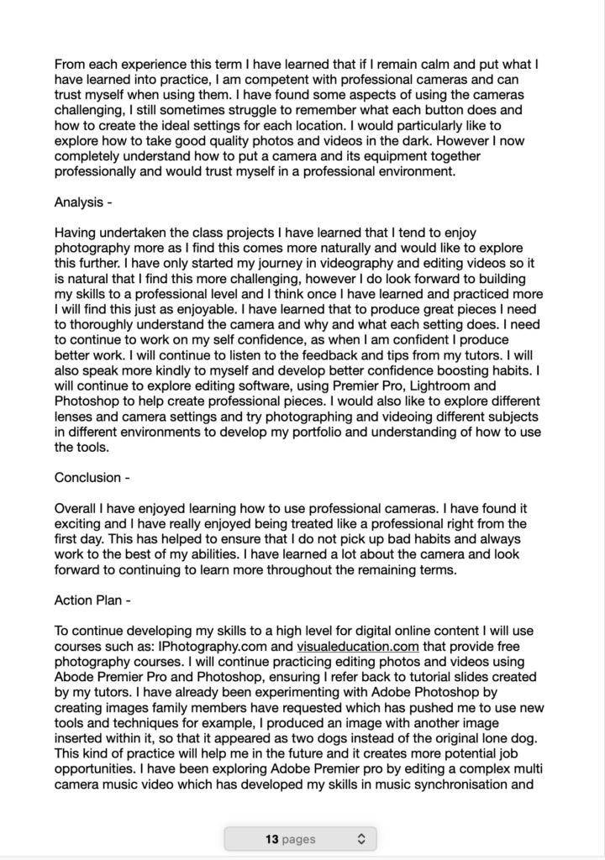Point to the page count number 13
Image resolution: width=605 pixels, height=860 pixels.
pos(271,838)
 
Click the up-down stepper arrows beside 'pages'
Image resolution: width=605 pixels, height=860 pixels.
pos(361,838)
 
